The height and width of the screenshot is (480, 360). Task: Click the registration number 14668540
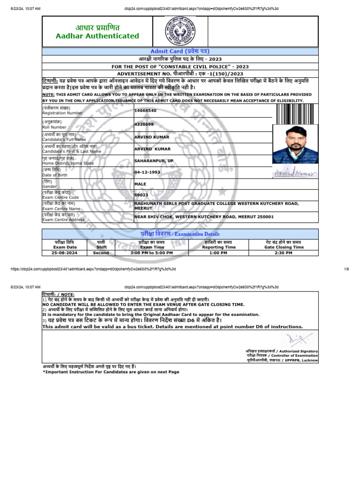pos(145,110)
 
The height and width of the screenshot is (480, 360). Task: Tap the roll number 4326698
pos(144,124)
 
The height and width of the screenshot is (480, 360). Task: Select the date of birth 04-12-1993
pos(148,172)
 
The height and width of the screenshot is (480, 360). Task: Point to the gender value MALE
pos(140,184)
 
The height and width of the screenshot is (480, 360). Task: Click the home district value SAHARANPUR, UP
pos(154,161)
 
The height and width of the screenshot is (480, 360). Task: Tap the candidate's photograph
pos(295,144)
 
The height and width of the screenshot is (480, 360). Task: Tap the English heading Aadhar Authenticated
pos(97,36)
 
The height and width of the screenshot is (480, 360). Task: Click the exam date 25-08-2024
pos(65,253)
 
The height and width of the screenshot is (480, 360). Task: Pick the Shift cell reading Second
pos(101,253)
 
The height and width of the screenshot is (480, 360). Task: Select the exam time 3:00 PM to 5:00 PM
pos(152,253)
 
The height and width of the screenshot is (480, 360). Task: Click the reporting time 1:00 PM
pos(218,253)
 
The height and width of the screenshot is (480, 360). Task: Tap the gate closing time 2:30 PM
pos(284,253)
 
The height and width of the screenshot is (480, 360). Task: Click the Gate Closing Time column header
pos(284,247)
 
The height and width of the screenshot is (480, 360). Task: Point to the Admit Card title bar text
pos(180,51)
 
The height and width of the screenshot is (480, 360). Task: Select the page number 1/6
pos(346,269)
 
